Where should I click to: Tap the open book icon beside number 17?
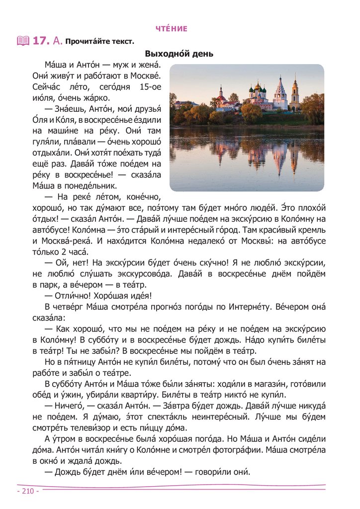point(23,41)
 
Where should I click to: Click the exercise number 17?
point(40,41)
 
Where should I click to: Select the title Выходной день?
point(179,54)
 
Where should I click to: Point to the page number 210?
point(28,491)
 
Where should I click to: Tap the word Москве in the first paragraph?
point(144,76)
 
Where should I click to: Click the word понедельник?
point(91,186)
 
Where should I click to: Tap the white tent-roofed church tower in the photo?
point(280,91)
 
